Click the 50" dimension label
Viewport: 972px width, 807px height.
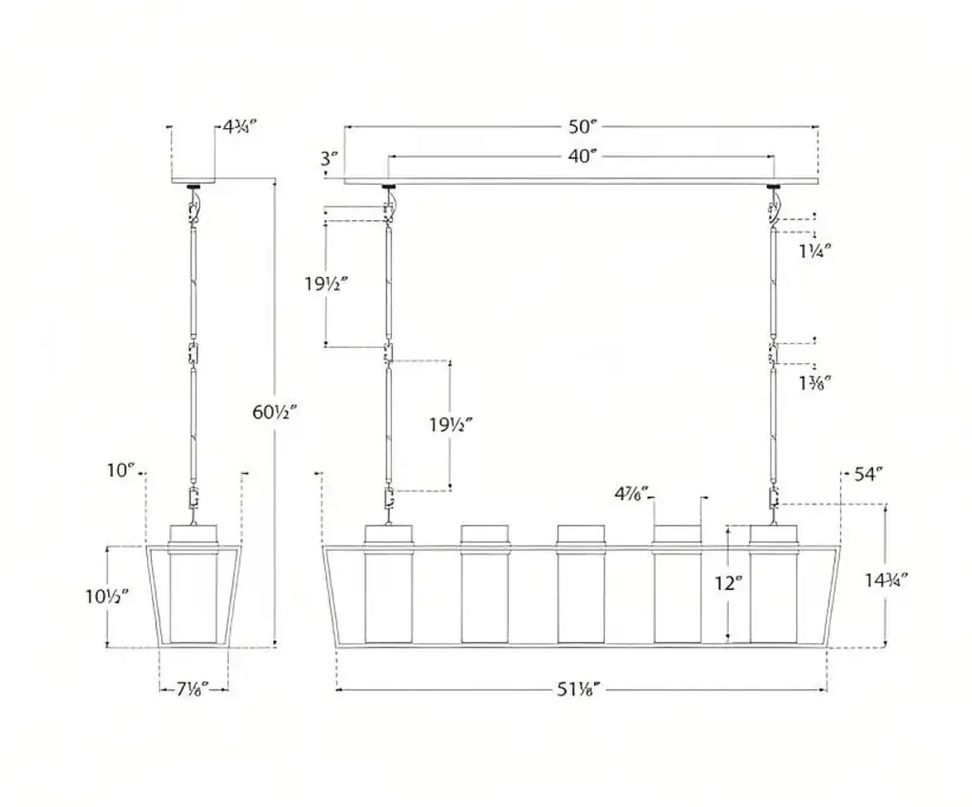[x=583, y=126]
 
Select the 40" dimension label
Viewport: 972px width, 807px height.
[x=583, y=156]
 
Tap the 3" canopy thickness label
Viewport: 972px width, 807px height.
[x=329, y=159]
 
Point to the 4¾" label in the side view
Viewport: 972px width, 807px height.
[x=239, y=127]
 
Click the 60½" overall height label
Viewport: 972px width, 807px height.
[x=275, y=412]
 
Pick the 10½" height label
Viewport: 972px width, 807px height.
[x=107, y=596]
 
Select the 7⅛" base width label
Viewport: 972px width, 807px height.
[x=192, y=688]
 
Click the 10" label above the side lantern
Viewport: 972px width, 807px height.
[x=121, y=470]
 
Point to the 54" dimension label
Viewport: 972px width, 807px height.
[x=869, y=474]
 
